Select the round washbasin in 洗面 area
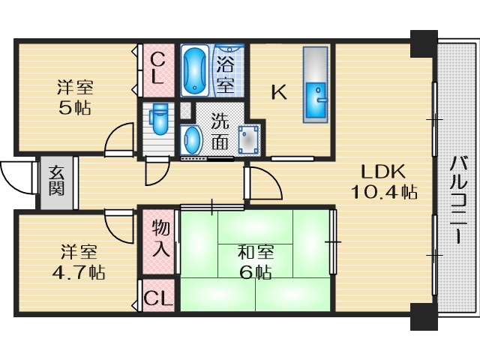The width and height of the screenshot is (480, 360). [x=192, y=139]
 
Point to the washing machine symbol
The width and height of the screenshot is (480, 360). [x=247, y=138]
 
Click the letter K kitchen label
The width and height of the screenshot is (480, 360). [x=278, y=92]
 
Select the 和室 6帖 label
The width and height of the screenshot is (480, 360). [x=254, y=262]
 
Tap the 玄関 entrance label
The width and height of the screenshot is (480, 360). [x=57, y=181]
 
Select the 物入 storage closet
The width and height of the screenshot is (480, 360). [x=159, y=238]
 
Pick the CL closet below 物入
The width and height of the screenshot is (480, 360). [x=158, y=298]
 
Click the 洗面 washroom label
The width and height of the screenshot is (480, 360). [x=220, y=130]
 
